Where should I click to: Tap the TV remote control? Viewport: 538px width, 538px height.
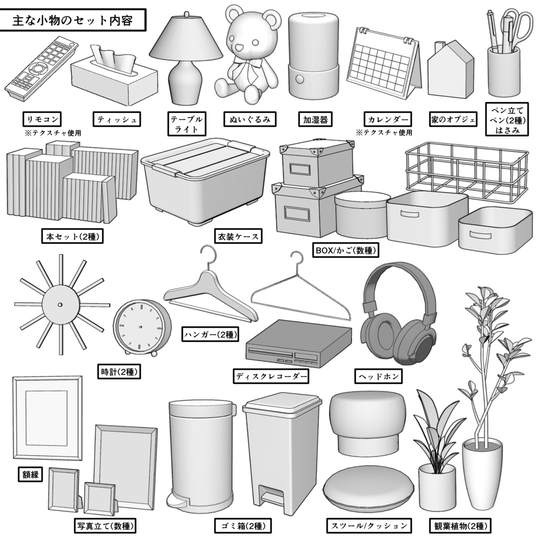pos(43,68)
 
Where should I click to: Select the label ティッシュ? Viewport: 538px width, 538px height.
pos(117,120)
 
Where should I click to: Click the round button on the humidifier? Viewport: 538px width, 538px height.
pos(300,79)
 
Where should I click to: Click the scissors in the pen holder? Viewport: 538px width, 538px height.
pos(517,26)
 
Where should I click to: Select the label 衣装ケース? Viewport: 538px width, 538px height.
pos(237,236)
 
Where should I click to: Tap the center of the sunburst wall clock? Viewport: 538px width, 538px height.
pos(60,304)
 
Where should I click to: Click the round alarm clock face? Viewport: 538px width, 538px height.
pos(140,327)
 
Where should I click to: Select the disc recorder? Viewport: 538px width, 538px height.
pos(298,344)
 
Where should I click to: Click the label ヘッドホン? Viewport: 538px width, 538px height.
pos(379,376)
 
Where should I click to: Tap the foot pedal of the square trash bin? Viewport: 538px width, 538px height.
pos(271,497)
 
